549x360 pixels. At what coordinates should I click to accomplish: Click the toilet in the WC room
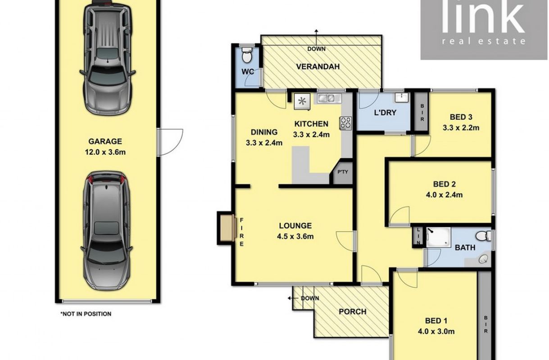(246, 55)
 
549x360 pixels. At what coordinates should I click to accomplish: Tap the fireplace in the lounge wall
(227, 228)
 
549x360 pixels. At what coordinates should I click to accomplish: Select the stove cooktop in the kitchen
(345, 123)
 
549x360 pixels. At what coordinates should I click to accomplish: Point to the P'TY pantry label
(343, 172)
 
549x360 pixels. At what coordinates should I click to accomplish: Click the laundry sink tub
(401, 98)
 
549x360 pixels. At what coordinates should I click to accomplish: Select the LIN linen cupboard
(418, 236)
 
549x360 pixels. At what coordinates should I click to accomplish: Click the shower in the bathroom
(439, 237)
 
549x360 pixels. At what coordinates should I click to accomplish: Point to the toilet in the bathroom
(483, 236)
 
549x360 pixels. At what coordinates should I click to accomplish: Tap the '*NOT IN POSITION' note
(86, 314)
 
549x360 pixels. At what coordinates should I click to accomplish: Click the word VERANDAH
(318, 67)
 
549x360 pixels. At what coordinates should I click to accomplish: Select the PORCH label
(353, 311)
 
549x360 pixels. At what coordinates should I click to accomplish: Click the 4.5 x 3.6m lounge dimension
(295, 236)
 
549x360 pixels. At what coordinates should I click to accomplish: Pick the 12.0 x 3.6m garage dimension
(105, 152)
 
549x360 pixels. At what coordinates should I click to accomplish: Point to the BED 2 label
(445, 184)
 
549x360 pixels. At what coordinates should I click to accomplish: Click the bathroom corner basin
(483, 259)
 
